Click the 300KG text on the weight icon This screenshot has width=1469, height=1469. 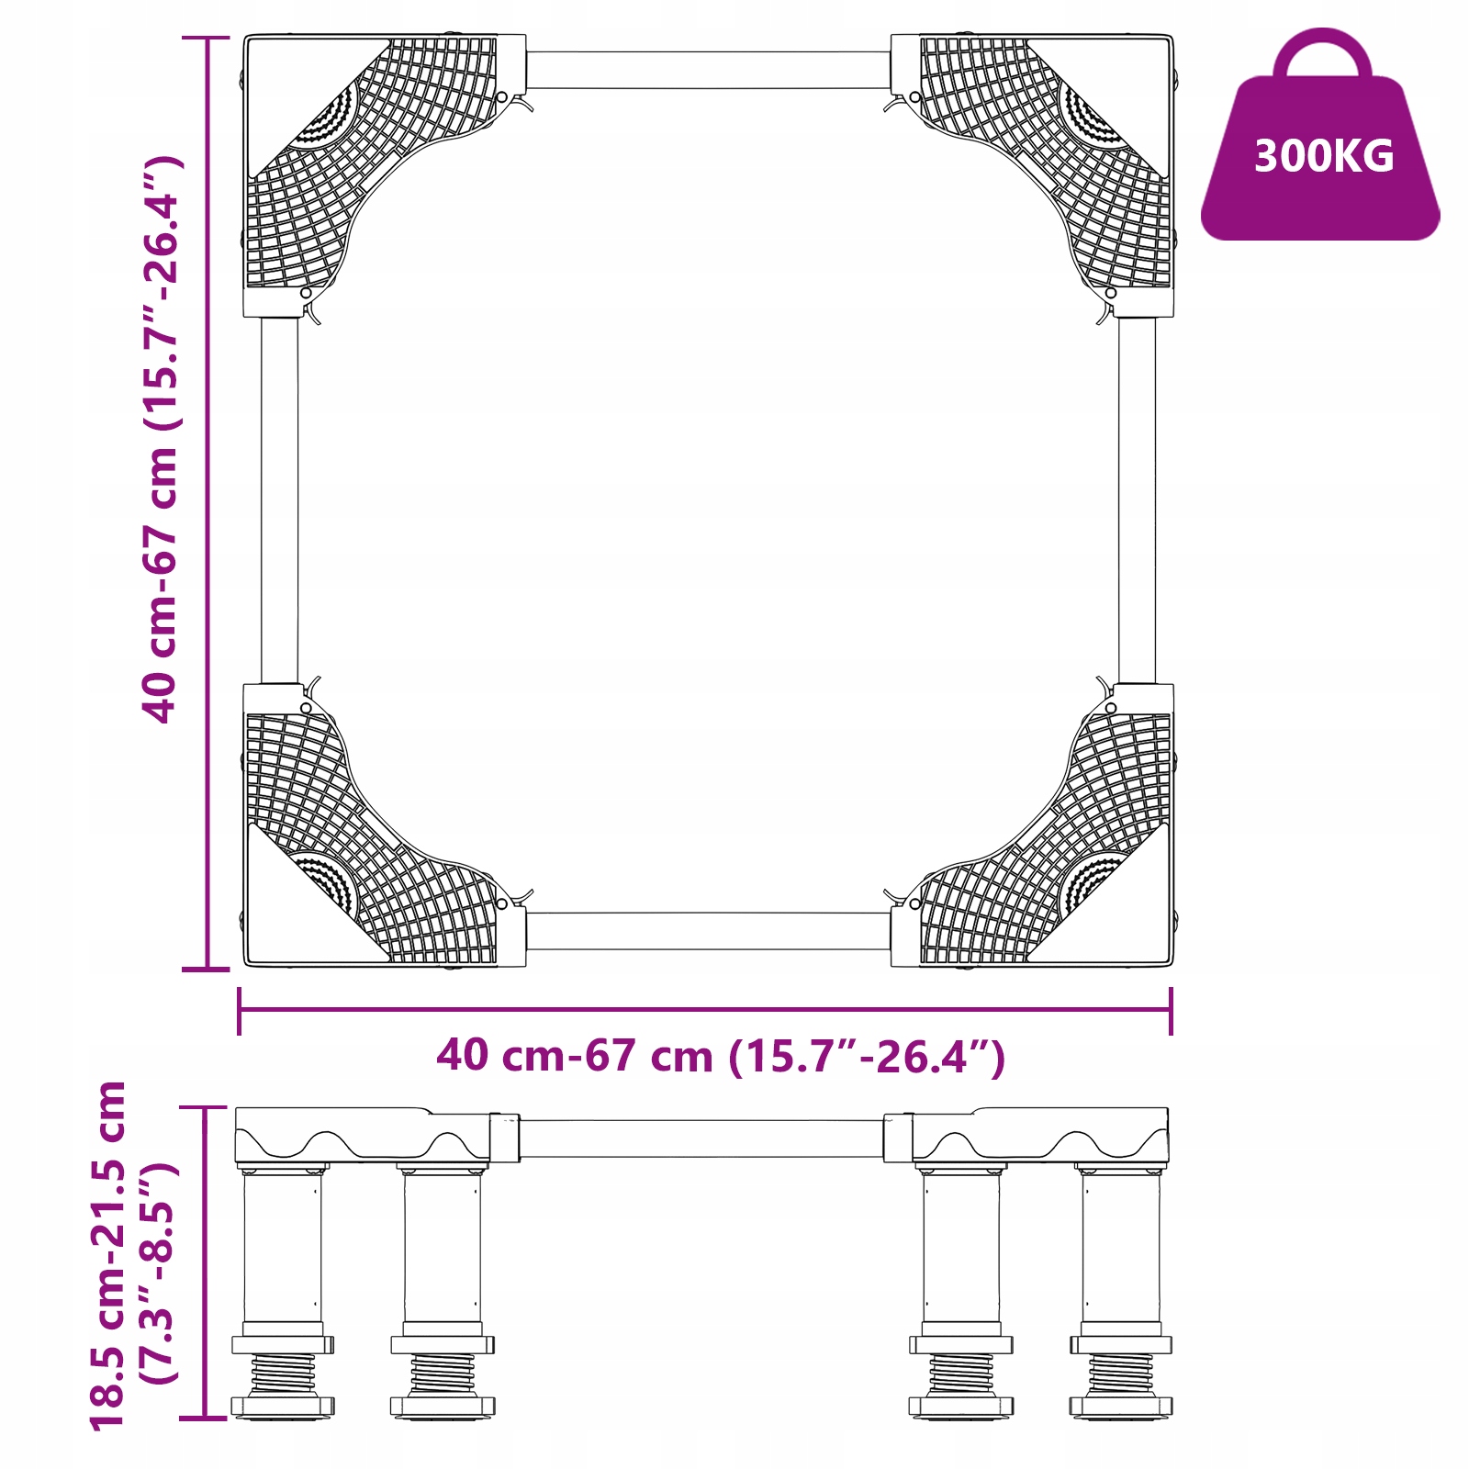1324,156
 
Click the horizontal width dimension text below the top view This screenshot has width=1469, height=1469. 721,1056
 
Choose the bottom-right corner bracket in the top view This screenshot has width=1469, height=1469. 1032,824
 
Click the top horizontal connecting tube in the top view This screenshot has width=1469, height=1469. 708,70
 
